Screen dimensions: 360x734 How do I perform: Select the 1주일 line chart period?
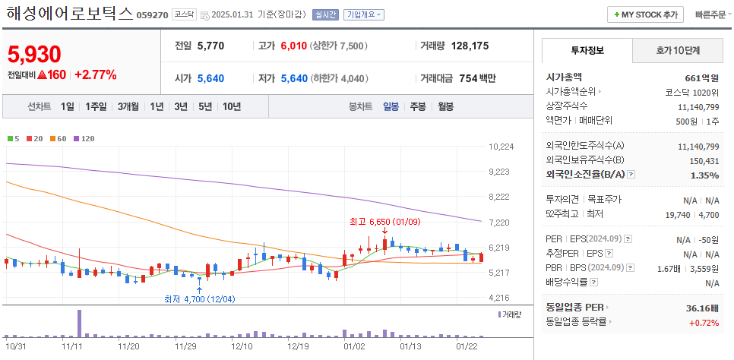click(x=96, y=106)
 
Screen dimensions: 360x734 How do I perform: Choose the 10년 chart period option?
click(x=232, y=106)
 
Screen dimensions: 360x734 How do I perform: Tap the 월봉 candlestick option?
click(x=447, y=106)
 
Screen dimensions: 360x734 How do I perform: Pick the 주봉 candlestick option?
click(x=418, y=106)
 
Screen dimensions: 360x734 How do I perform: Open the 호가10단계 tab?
click(x=679, y=50)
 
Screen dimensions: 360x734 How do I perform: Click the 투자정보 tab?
click(x=587, y=50)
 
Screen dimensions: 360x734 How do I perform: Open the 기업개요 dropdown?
click(x=364, y=14)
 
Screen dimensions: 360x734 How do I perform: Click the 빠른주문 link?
click(x=710, y=14)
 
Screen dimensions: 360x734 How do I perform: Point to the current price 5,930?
click(x=34, y=54)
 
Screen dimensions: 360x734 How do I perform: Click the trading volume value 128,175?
click(x=470, y=46)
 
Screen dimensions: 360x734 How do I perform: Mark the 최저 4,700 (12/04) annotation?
click(x=199, y=298)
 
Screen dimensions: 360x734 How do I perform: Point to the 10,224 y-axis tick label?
click(x=501, y=147)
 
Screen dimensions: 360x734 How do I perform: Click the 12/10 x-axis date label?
click(x=241, y=346)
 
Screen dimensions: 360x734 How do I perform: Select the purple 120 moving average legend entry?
click(x=84, y=138)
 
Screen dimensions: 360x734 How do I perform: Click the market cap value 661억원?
click(x=701, y=77)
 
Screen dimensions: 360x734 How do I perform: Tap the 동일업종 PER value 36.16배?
click(x=702, y=308)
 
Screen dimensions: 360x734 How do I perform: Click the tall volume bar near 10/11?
click(x=79, y=323)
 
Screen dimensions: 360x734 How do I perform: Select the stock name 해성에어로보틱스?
click(x=69, y=14)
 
